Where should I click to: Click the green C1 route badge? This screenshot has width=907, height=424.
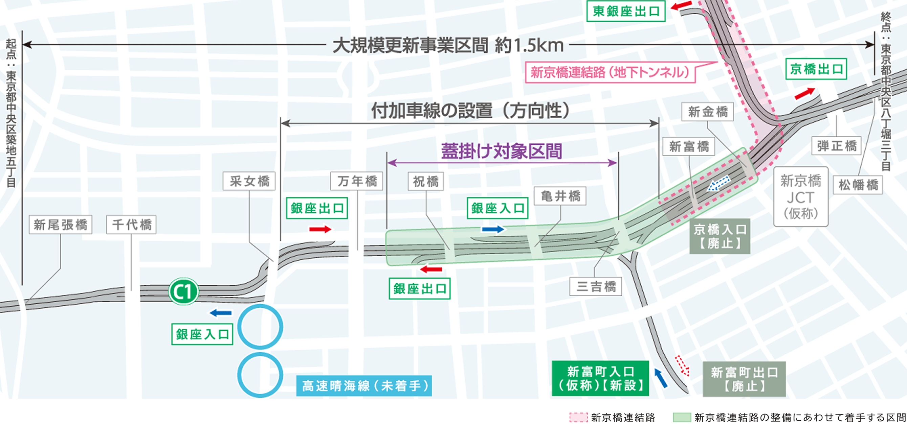[183, 291]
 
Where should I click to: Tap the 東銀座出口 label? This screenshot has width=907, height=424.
[626, 11]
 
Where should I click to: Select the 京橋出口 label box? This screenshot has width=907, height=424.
[816, 69]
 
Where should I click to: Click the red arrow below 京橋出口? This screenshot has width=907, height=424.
[804, 93]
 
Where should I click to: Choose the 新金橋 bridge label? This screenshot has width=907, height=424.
[707, 112]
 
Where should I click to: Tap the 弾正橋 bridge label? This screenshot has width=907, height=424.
[837, 146]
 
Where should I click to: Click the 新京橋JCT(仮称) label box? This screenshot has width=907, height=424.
[801, 196]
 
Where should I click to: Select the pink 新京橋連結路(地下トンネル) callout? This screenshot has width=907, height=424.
[610, 72]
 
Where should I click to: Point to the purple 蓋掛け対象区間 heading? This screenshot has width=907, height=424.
[501, 151]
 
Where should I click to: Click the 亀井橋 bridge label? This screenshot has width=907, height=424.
[560, 196]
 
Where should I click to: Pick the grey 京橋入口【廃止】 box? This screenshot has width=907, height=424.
[720, 236]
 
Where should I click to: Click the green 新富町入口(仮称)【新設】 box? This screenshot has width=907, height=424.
[600, 378]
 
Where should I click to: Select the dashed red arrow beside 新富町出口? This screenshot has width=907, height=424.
[682, 366]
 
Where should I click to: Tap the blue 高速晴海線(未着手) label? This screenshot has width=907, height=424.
[364, 386]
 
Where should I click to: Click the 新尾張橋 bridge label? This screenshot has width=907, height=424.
[61, 225]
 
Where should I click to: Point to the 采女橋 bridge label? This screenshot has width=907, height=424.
[249, 181]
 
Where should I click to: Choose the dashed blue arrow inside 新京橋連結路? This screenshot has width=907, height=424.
[718, 184]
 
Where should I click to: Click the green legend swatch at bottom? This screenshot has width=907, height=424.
[682, 417]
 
